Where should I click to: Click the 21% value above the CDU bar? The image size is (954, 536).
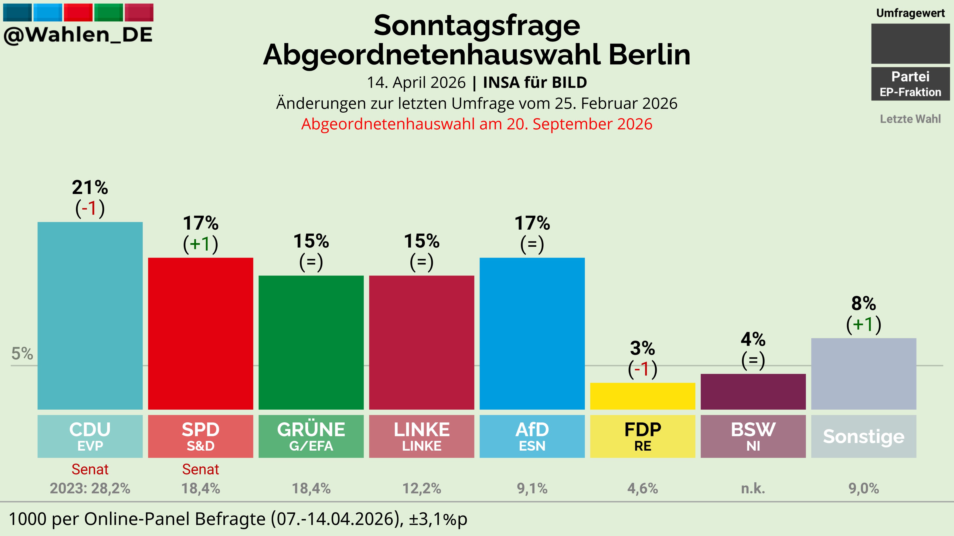pos(90,188)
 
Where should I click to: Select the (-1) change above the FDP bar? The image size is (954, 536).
pos(643,369)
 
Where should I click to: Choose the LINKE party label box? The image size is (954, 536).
pos(421,436)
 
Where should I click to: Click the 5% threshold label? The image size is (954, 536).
pos(22,354)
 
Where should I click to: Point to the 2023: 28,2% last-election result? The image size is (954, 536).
pos(90,488)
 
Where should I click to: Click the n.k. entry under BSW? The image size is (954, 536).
pos(753,488)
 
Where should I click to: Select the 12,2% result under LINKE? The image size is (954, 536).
pos(421,488)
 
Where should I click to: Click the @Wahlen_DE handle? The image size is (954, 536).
pos(78,35)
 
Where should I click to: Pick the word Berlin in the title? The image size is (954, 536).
pos(649,55)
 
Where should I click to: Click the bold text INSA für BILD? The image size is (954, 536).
pos(535,83)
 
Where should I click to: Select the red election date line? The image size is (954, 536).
pos(477,124)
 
